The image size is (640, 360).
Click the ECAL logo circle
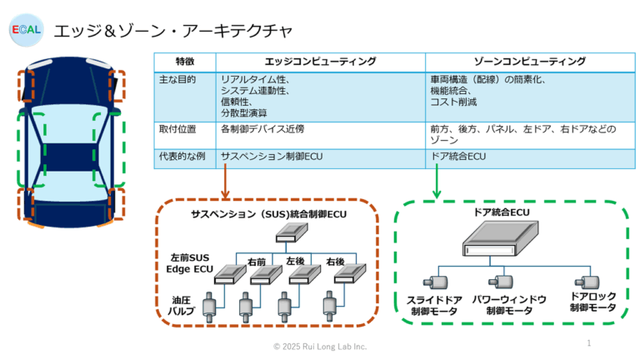tap(25, 30)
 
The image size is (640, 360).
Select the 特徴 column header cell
tap(185, 62)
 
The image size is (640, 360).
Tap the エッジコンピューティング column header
tap(320, 62)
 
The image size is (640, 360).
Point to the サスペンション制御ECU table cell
tap(271, 156)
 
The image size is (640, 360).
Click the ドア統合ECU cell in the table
tap(458, 156)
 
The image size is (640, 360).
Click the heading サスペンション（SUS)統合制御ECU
tap(267, 215)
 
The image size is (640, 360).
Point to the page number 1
tap(589, 342)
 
